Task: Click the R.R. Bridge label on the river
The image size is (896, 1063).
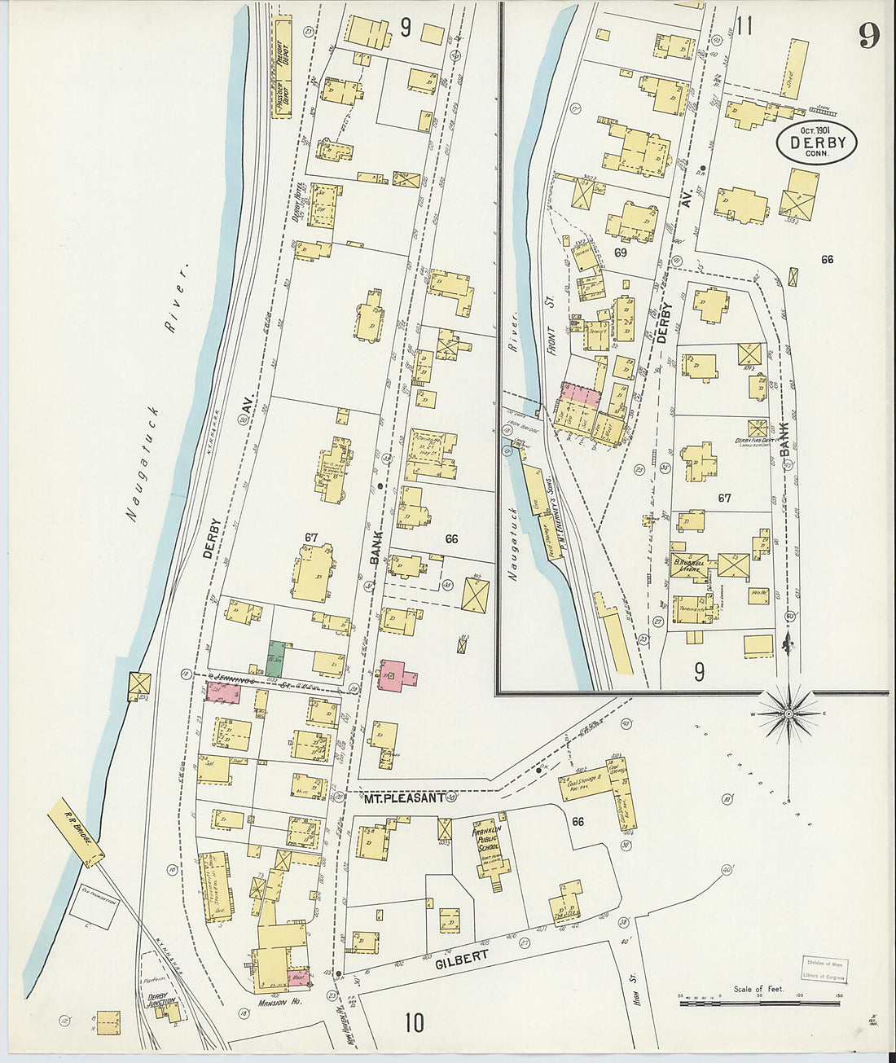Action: (x=76, y=832)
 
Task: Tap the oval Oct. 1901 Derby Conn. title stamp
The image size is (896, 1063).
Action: (x=815, y=143)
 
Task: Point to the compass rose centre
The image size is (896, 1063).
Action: (x=788, y=713)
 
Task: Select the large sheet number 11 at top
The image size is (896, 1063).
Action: (x=742, y=25)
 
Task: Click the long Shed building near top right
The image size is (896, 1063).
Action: (x=794, y=69)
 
